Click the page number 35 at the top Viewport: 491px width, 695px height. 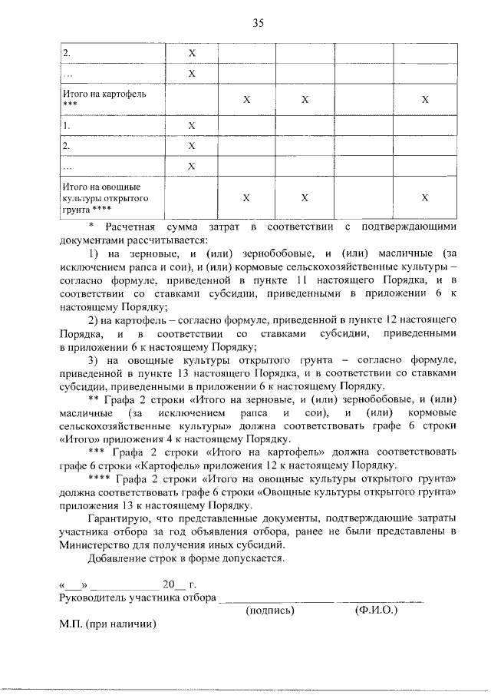(x=258, y=24)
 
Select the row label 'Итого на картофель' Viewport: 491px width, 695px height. (x=104, y=94)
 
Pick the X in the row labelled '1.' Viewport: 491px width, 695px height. (x=192, y=125)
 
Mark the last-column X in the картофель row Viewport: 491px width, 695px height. (x=424, y=100)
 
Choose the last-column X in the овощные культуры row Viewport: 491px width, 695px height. (x=424, y=197)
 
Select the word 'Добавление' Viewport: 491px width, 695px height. (x=119, y=558)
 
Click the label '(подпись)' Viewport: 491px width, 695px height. (x=271, y=611)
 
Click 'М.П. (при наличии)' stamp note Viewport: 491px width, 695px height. (x=107, y=624)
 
